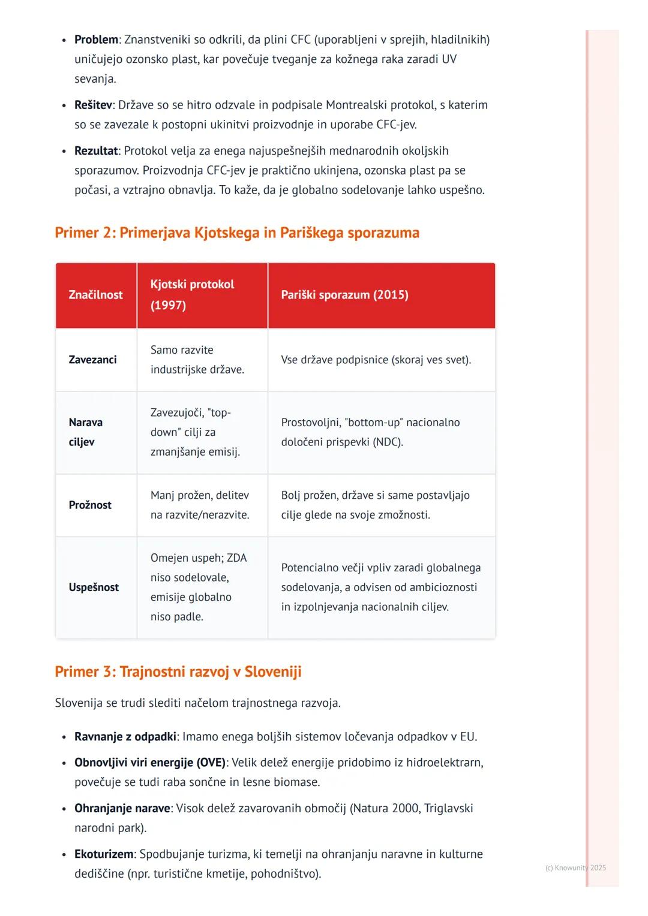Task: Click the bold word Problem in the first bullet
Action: tap(96, 40)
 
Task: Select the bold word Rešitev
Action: tap(93, 105)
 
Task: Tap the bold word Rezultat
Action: tap(96, 150)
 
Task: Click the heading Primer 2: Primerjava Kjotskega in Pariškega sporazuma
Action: tap(237, 233)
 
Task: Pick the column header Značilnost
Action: tap(95, 295)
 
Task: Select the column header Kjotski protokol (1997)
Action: tap(192, 294)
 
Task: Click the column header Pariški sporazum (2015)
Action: tap(344, 295)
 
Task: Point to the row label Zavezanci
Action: tap(92, 360)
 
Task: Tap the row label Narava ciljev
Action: tap(85, 432)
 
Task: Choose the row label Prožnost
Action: tap(90, 505)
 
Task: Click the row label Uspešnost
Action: tap(94, 587)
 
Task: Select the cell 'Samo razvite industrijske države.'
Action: tap(197, 360)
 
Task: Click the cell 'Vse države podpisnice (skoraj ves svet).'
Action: tap(376, 360)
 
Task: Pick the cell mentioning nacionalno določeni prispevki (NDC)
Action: tap(370, 432)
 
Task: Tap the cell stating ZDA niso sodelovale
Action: tap(198, 587)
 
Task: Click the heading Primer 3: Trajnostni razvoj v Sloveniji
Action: tap(178, 671)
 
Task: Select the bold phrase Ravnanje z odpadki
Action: tap(125, 736)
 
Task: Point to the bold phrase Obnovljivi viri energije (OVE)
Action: tap(150, 763)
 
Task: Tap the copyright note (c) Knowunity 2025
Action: tap(575, 867)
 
